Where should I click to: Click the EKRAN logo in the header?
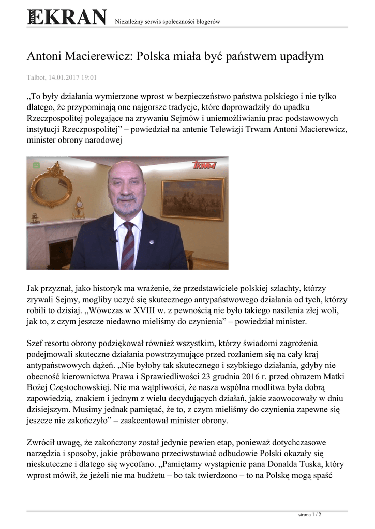(67, 18)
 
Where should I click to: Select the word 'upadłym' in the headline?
(295, 56)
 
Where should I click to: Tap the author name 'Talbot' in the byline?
(36, 78)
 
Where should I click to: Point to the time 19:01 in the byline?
(89, 78)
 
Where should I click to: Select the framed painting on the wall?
(192, 198)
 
